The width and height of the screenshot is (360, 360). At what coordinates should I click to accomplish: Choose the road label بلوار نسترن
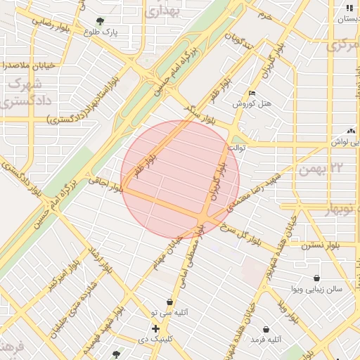coord(320,246)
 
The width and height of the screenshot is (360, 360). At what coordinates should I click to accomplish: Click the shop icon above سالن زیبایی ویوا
coord(317,278)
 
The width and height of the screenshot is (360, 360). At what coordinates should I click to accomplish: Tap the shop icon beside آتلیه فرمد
coord(266,329)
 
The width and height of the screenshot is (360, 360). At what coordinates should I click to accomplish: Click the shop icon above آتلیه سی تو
coord(169,302)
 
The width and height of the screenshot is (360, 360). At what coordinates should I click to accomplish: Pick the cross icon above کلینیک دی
coord(155,328)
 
